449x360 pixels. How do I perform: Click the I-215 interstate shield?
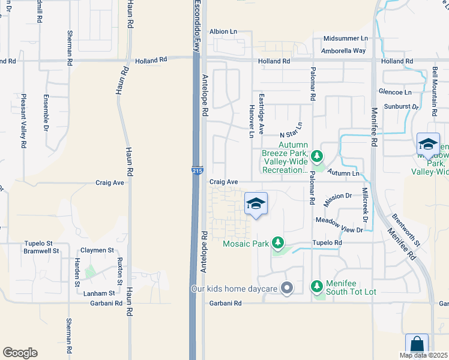click(197, 172)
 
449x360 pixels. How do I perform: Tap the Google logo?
click(20, 352)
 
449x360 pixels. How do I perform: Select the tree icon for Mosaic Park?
click(277, 243)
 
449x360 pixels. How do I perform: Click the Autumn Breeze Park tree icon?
click(317, 157)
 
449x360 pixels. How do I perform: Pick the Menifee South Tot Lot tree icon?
click(317, 287)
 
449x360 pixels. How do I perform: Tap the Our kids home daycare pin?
click(287, 289)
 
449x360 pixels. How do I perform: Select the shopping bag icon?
click(417, 346)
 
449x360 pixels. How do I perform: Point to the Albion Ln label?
click(223, 31)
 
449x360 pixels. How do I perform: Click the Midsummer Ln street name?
click(345, 38)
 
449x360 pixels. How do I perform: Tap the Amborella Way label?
click(343, 51)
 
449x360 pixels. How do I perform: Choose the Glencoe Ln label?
click(395, 92)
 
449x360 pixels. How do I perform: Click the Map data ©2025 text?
click(423, 355)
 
